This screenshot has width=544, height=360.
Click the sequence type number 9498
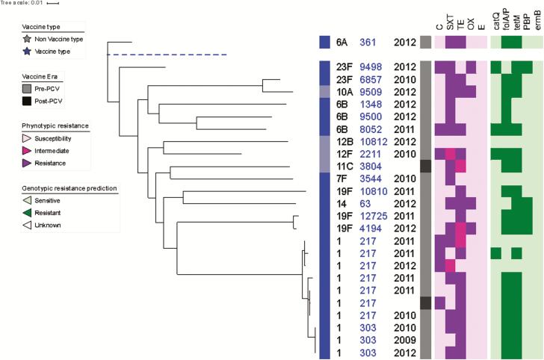click(x=371, y=67)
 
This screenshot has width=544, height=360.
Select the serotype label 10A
click(x=345, y=93)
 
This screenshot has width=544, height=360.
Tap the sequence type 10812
click(x=374, y=142)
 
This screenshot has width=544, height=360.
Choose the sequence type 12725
click(x=374, y=217)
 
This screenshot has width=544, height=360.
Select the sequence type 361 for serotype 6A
click(x=368, y=43)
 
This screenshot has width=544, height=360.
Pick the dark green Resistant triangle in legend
click(x=28, y=212)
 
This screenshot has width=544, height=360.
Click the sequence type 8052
click(x=371, y=130)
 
